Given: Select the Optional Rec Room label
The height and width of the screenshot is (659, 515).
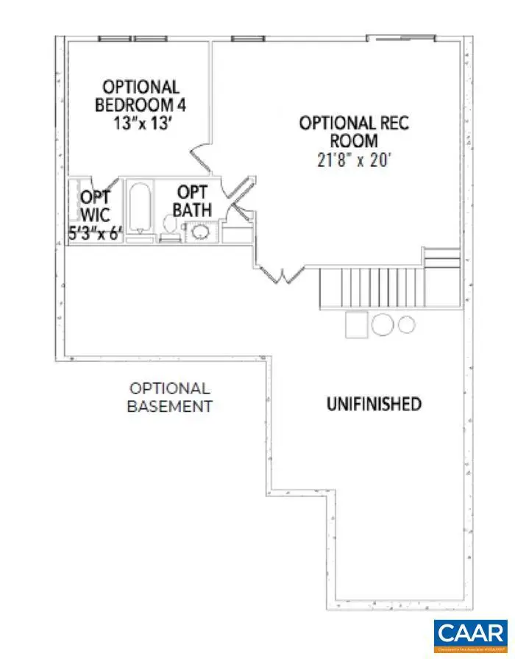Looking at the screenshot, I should pos(353,131).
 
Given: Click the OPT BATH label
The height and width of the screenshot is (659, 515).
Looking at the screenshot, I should pos(192,201).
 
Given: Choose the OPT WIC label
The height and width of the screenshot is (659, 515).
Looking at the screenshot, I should pos(95,207).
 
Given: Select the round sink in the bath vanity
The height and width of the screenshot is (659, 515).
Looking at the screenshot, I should pos(199,232).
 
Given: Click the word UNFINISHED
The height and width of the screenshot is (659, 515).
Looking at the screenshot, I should pos(374,404).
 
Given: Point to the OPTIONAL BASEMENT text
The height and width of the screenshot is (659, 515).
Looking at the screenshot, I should pos(170,397).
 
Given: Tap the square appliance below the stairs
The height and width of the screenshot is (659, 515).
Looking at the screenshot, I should pos(357,323).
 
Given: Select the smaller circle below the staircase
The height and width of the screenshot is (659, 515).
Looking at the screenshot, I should pos(407,324).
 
